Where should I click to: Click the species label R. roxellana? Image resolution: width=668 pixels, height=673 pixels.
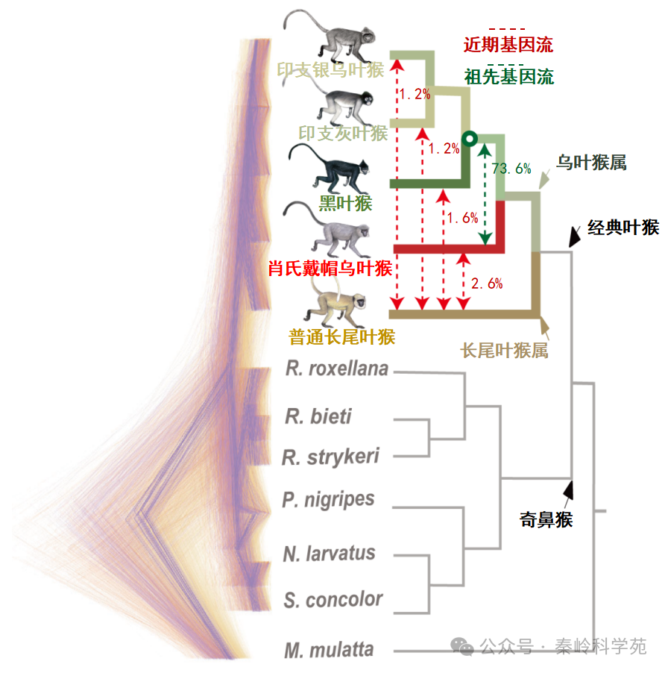(336, 369)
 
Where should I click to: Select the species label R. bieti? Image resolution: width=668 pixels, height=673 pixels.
(318, 416)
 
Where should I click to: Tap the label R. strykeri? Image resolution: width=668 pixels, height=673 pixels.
(330, 457)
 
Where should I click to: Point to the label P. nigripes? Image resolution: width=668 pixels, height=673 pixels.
(328, 499)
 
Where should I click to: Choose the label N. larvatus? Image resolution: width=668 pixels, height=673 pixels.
(329, 554)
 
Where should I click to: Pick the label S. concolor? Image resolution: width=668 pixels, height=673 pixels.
(333, 599)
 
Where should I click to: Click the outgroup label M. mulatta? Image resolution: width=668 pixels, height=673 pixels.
(329, 649)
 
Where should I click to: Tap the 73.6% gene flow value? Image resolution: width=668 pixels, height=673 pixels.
(511, 169)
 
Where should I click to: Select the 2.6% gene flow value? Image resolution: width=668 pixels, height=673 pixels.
(488, 283)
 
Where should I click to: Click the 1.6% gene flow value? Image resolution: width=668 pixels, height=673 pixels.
(462, 217)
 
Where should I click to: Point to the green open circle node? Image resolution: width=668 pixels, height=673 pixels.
(469, 139)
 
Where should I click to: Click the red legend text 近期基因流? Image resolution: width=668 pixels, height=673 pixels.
(508, 44)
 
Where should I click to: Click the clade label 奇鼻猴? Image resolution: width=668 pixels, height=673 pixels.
(546, 519)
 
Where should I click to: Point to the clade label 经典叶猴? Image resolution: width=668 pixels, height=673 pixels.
(623, 228)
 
